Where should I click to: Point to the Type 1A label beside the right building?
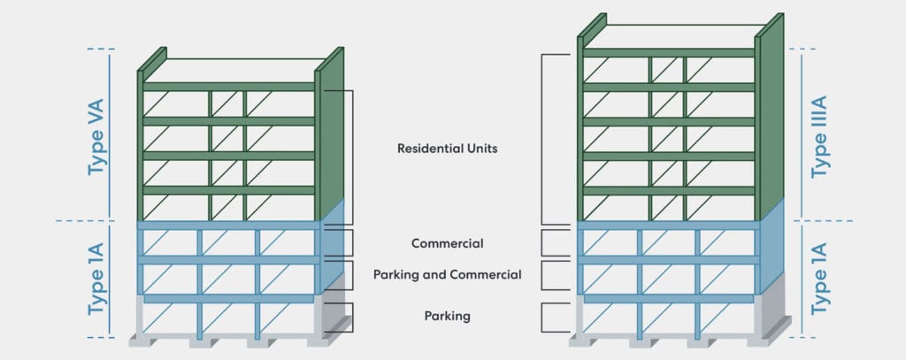[820, 280]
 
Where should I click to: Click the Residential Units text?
[447, 149]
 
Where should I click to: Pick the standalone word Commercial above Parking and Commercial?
[447, 243]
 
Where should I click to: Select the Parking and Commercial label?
[447, 275]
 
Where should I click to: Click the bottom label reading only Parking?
[447, 315]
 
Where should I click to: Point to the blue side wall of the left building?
[332, 252]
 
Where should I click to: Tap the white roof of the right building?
[672, 37]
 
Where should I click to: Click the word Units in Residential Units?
[479, 149]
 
